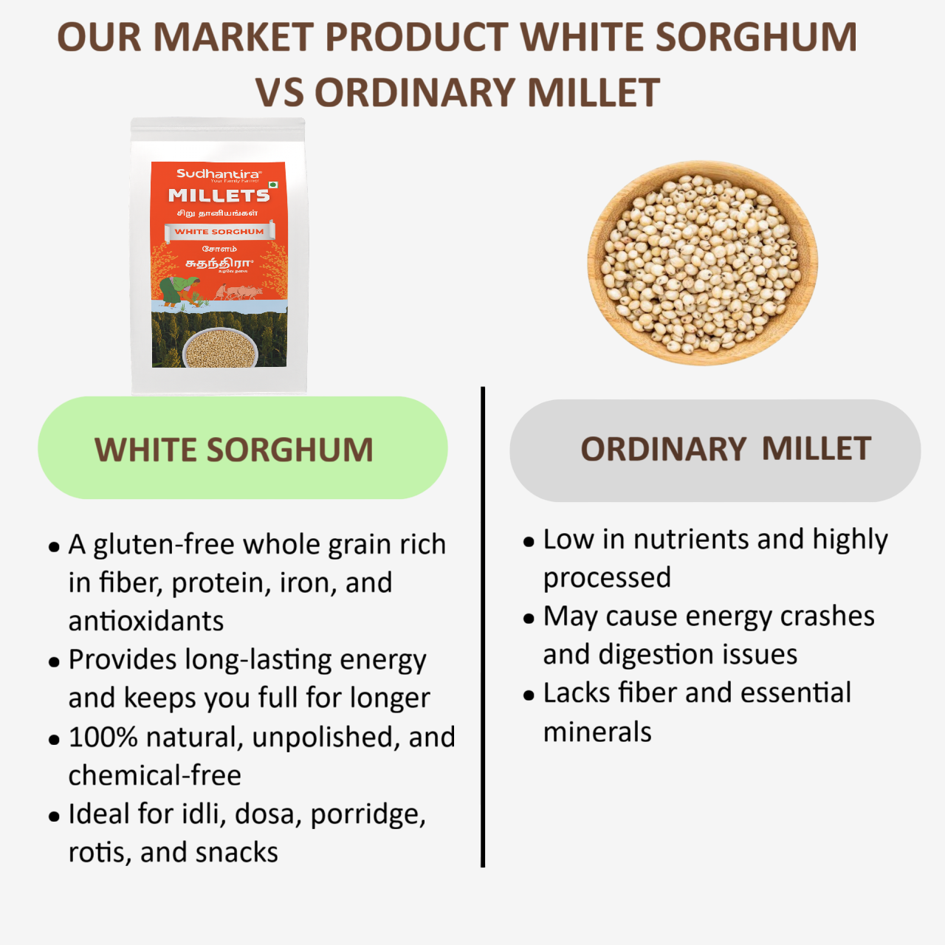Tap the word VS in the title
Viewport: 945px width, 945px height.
coord(279,93)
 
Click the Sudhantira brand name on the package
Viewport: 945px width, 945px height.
coord(218,173)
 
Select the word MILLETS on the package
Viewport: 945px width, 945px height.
coord(219,195)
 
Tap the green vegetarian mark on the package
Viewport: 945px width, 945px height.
coord(273,185)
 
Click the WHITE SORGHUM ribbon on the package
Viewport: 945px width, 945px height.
coord(219,231)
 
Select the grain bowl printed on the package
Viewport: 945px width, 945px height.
coord(220,348)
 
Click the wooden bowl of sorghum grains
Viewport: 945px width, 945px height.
coord(702,263)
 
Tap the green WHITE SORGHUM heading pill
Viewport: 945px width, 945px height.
coord(242,448)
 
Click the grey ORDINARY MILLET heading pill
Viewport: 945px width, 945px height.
coord(715,450)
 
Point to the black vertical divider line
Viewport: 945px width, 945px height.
coord(483,628)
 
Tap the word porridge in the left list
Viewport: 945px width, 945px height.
coord(367,814)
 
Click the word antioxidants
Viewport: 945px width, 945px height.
coord(146,622)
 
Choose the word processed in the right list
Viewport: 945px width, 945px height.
coord(607,578)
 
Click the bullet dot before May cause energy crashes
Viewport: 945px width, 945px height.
coord(529,618)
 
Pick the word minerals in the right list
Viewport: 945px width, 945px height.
coord(597,732)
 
